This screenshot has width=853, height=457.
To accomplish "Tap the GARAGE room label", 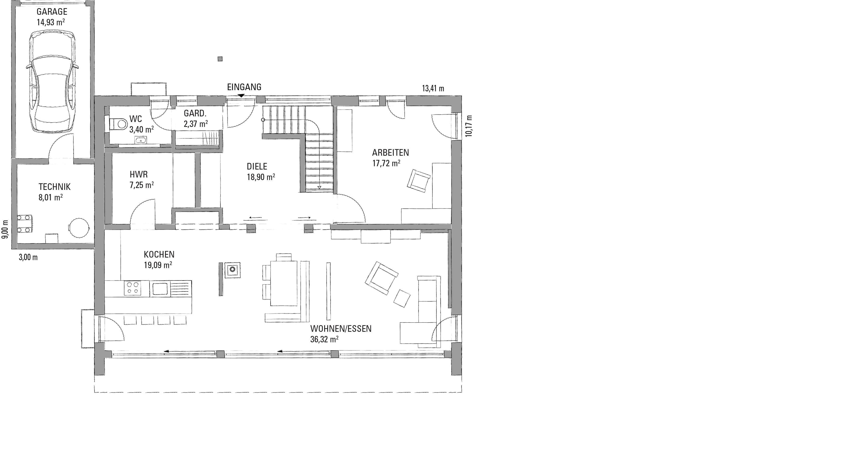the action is point(52,11).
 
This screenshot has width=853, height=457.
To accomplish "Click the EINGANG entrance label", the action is point(244,87).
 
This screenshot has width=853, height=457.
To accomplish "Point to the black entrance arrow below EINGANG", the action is point(241,96).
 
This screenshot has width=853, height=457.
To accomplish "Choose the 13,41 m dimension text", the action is point(433,89).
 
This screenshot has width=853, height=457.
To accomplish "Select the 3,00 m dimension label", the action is point(28,257).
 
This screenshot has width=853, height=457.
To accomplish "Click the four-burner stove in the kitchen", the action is point(132,287).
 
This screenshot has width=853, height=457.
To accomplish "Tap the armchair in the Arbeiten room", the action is point(419,181).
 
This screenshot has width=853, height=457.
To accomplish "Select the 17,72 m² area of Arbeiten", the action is point(386,163).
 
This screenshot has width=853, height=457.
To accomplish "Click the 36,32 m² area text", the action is point(324,339).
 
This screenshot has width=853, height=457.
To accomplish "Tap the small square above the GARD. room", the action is point(220,59).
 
